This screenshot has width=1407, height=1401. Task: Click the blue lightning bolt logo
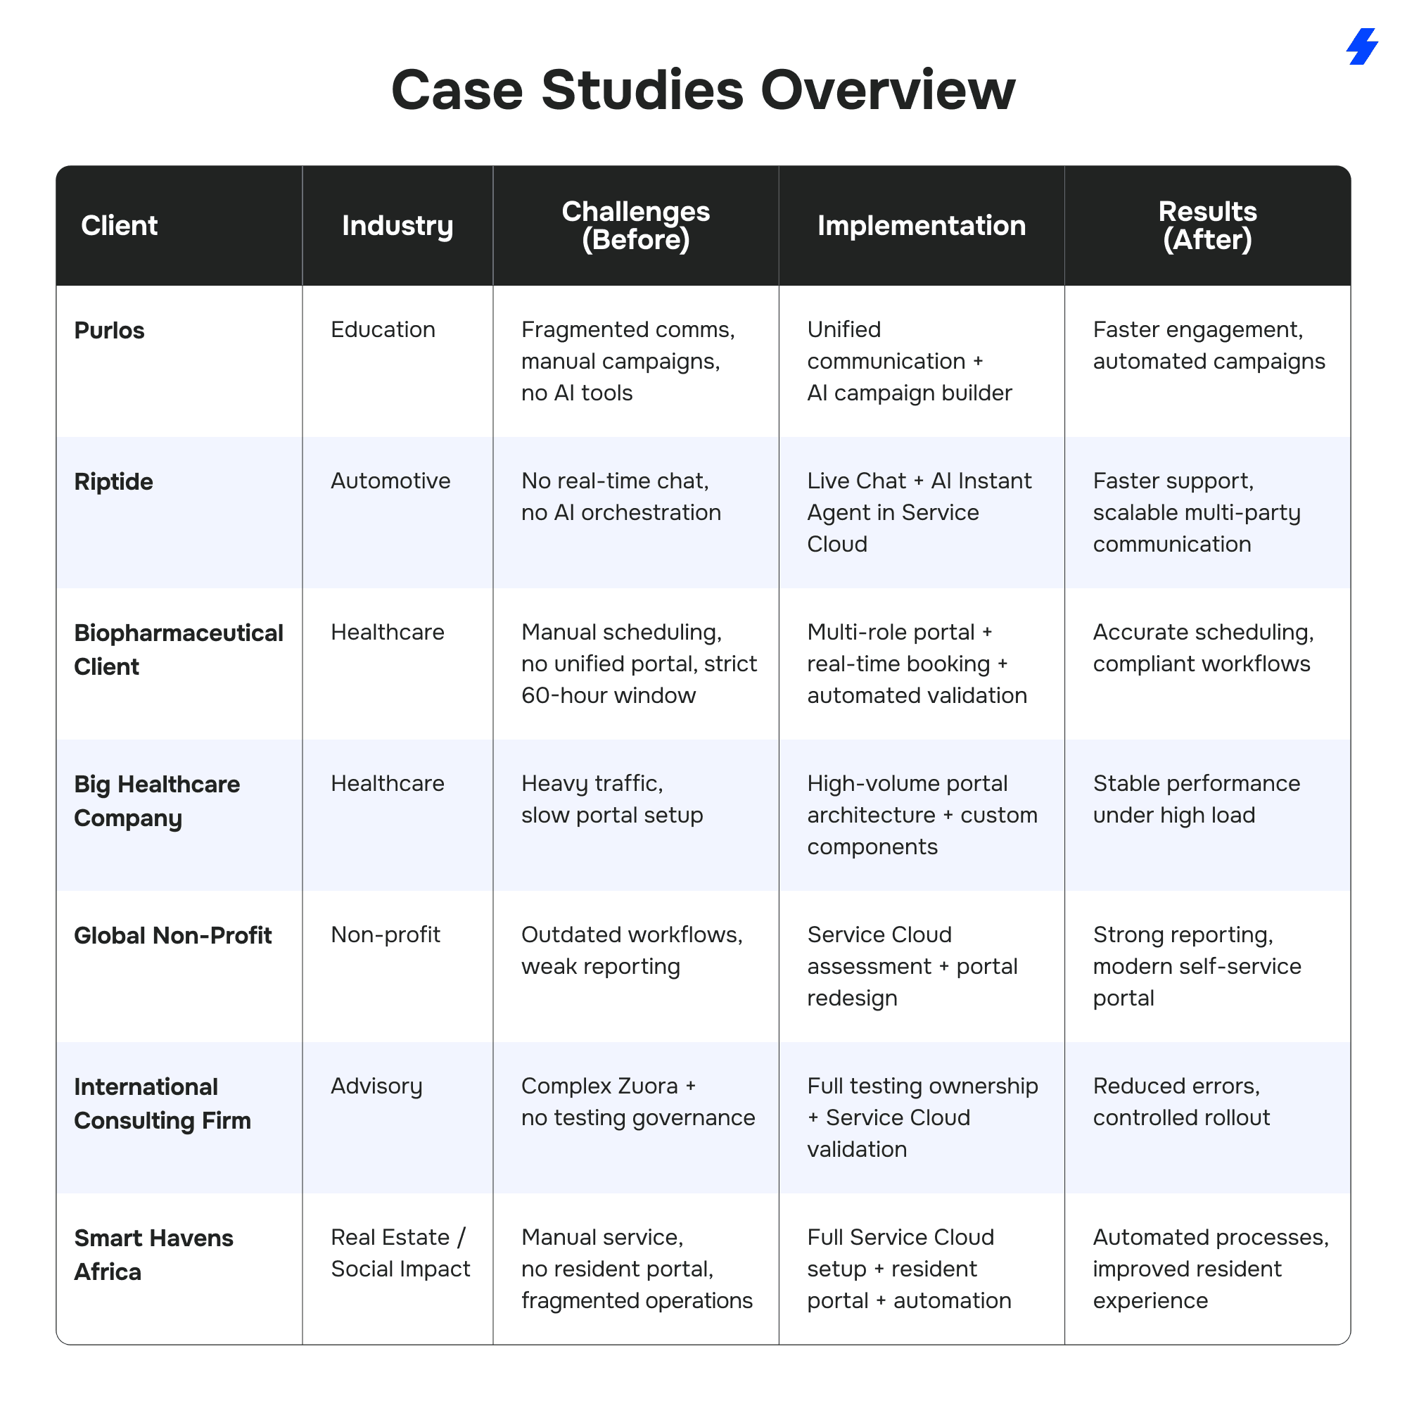pyautogui.click(x=1361, y=46)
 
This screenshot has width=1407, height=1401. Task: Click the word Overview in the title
pyautogui.click(x=887, y=90)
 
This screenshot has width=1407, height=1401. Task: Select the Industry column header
pyautogui.click(x=397, y=226)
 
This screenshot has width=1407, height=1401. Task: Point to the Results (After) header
pyautogui.click(x=1207, y=226)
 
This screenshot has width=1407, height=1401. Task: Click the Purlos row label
pyautogui.click(x=109, y=331)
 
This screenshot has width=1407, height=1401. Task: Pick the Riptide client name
pyautogui.click(x=113, y=481)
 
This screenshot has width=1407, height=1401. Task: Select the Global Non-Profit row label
pyautogui.click(x=172, y=935)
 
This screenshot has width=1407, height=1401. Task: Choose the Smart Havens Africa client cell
pyautogui.click(x=153, y=1255)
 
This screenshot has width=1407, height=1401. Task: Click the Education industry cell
pyautogui.click(x=383, y=330)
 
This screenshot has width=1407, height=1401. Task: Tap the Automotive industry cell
pyautogui.click(x=390, y=481)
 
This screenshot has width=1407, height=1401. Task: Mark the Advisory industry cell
pyautogui.click(x=376, y=1086)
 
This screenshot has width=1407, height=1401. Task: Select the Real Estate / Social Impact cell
pyautogui.click(x=400, y=1253)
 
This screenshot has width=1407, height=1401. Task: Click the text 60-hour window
pyautogui.click(x=608, y=696)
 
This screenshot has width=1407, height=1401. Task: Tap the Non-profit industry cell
pyautogui.click(x=386, y=934)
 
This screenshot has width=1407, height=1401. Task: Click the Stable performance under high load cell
pyautogui.click(x=1196, y=799)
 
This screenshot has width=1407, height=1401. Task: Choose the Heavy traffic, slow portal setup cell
pyautogui.click(x=612, y=799)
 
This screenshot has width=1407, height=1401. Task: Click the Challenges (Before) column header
pyautogui.click(x=635, y=226)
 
